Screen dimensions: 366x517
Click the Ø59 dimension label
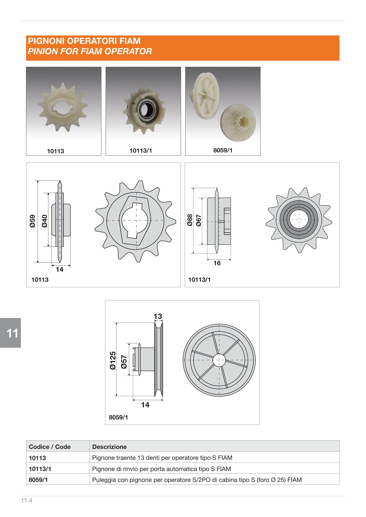(x=32, y=221)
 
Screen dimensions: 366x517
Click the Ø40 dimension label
(x=45, y=221)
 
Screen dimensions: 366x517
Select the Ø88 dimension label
(x=190, y=220)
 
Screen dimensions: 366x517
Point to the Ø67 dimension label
(x=199, y=220)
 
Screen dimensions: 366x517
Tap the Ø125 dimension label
(x=113, y=360)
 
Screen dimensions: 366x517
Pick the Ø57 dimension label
(x=124, y=362)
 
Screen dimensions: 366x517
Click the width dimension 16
(x=217, y=263)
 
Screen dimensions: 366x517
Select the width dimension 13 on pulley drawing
(x=158, y=316)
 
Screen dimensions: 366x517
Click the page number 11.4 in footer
(x=27, y=500)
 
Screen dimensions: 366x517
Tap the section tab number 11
(x=12, y=333)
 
